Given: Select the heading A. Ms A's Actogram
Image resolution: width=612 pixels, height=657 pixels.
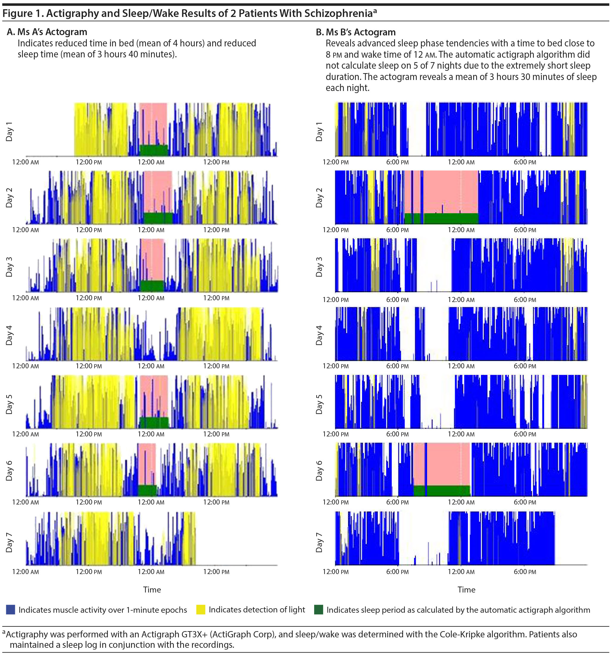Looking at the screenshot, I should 47,32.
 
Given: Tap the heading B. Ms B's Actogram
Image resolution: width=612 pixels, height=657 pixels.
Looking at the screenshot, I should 355,32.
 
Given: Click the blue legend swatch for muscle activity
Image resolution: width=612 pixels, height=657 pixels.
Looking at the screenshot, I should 11,610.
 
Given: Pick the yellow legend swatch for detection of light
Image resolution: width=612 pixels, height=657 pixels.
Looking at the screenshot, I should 201,610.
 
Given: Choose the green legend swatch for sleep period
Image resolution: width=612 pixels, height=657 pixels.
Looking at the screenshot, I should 319,610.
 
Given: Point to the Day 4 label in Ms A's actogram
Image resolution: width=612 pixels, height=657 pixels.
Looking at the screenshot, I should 9,335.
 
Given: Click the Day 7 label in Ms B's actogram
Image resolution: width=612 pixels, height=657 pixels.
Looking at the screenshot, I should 319,542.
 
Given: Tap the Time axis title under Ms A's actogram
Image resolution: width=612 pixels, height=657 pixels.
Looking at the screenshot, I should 152,590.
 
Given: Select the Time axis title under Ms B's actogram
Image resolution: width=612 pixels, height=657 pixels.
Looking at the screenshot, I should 466,590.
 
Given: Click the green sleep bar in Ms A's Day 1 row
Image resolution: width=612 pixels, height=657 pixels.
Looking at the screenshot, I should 154,150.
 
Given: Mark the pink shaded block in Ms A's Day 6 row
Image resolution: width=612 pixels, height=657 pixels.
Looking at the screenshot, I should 147,464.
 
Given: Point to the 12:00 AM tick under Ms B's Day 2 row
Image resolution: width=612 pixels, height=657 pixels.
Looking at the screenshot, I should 461,230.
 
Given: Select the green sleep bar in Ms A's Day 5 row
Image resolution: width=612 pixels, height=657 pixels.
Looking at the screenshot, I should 154,422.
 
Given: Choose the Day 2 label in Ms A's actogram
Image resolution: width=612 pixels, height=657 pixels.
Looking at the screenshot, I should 9,198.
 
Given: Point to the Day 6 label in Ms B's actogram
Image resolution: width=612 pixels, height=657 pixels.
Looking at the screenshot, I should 319,470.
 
